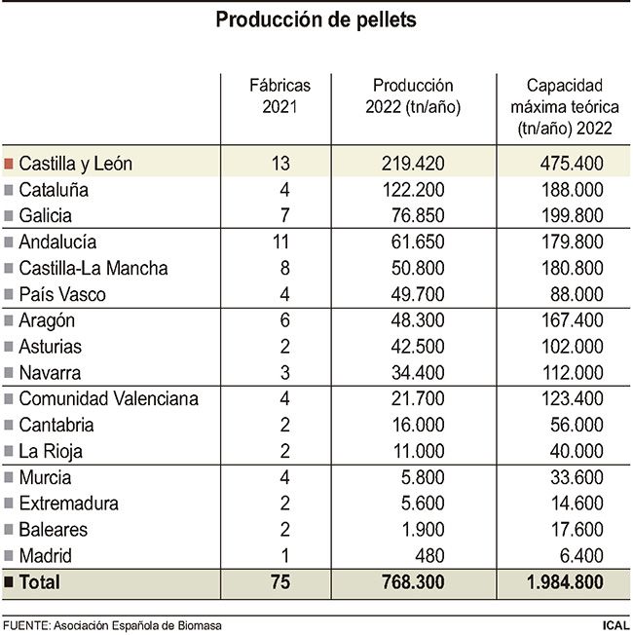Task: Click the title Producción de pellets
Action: (x=316, y=19)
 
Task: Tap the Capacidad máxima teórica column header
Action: (x=562, y=106)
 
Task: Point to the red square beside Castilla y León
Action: (x=9, y=163)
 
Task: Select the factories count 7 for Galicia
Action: (x=280, y=215)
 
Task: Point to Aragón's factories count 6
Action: (x=280, y=320)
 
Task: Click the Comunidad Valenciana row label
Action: (x=109, y=398)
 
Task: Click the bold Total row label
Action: (x=39, y=582)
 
